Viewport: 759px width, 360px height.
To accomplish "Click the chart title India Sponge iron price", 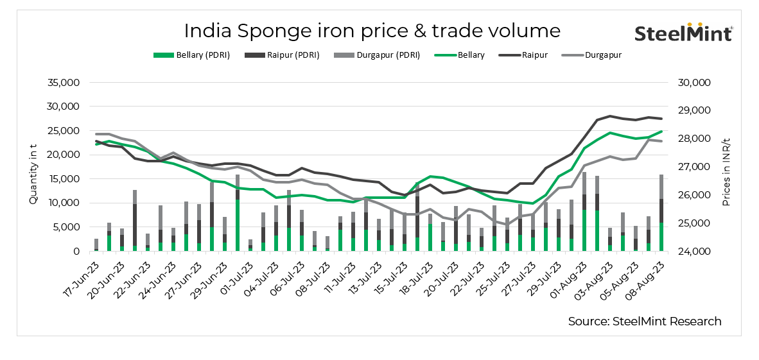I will [372, 30].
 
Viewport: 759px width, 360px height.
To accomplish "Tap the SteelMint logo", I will [683, 32].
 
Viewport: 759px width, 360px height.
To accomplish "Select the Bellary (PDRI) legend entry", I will [191, 55].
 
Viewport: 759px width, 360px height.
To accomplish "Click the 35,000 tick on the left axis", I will [63, 83].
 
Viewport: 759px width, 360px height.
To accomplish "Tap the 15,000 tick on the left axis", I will [63, 179].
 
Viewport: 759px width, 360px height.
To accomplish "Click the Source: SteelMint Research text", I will [644, 321].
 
